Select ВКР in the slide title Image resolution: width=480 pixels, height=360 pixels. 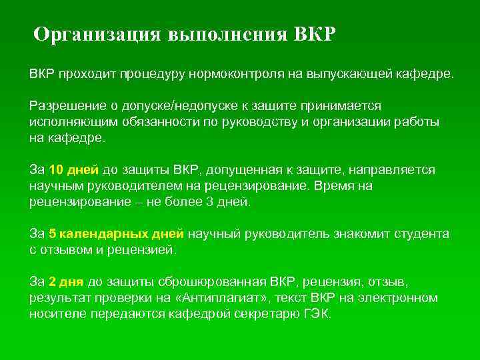(x=315, y=34)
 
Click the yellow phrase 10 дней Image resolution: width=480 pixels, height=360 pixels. (x=74, y=170)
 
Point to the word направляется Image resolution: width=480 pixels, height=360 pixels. (x=393, y=170)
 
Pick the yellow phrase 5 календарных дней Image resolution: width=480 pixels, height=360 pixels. (x=116, y=234)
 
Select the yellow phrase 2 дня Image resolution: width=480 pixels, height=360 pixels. (x=66, y=282)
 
